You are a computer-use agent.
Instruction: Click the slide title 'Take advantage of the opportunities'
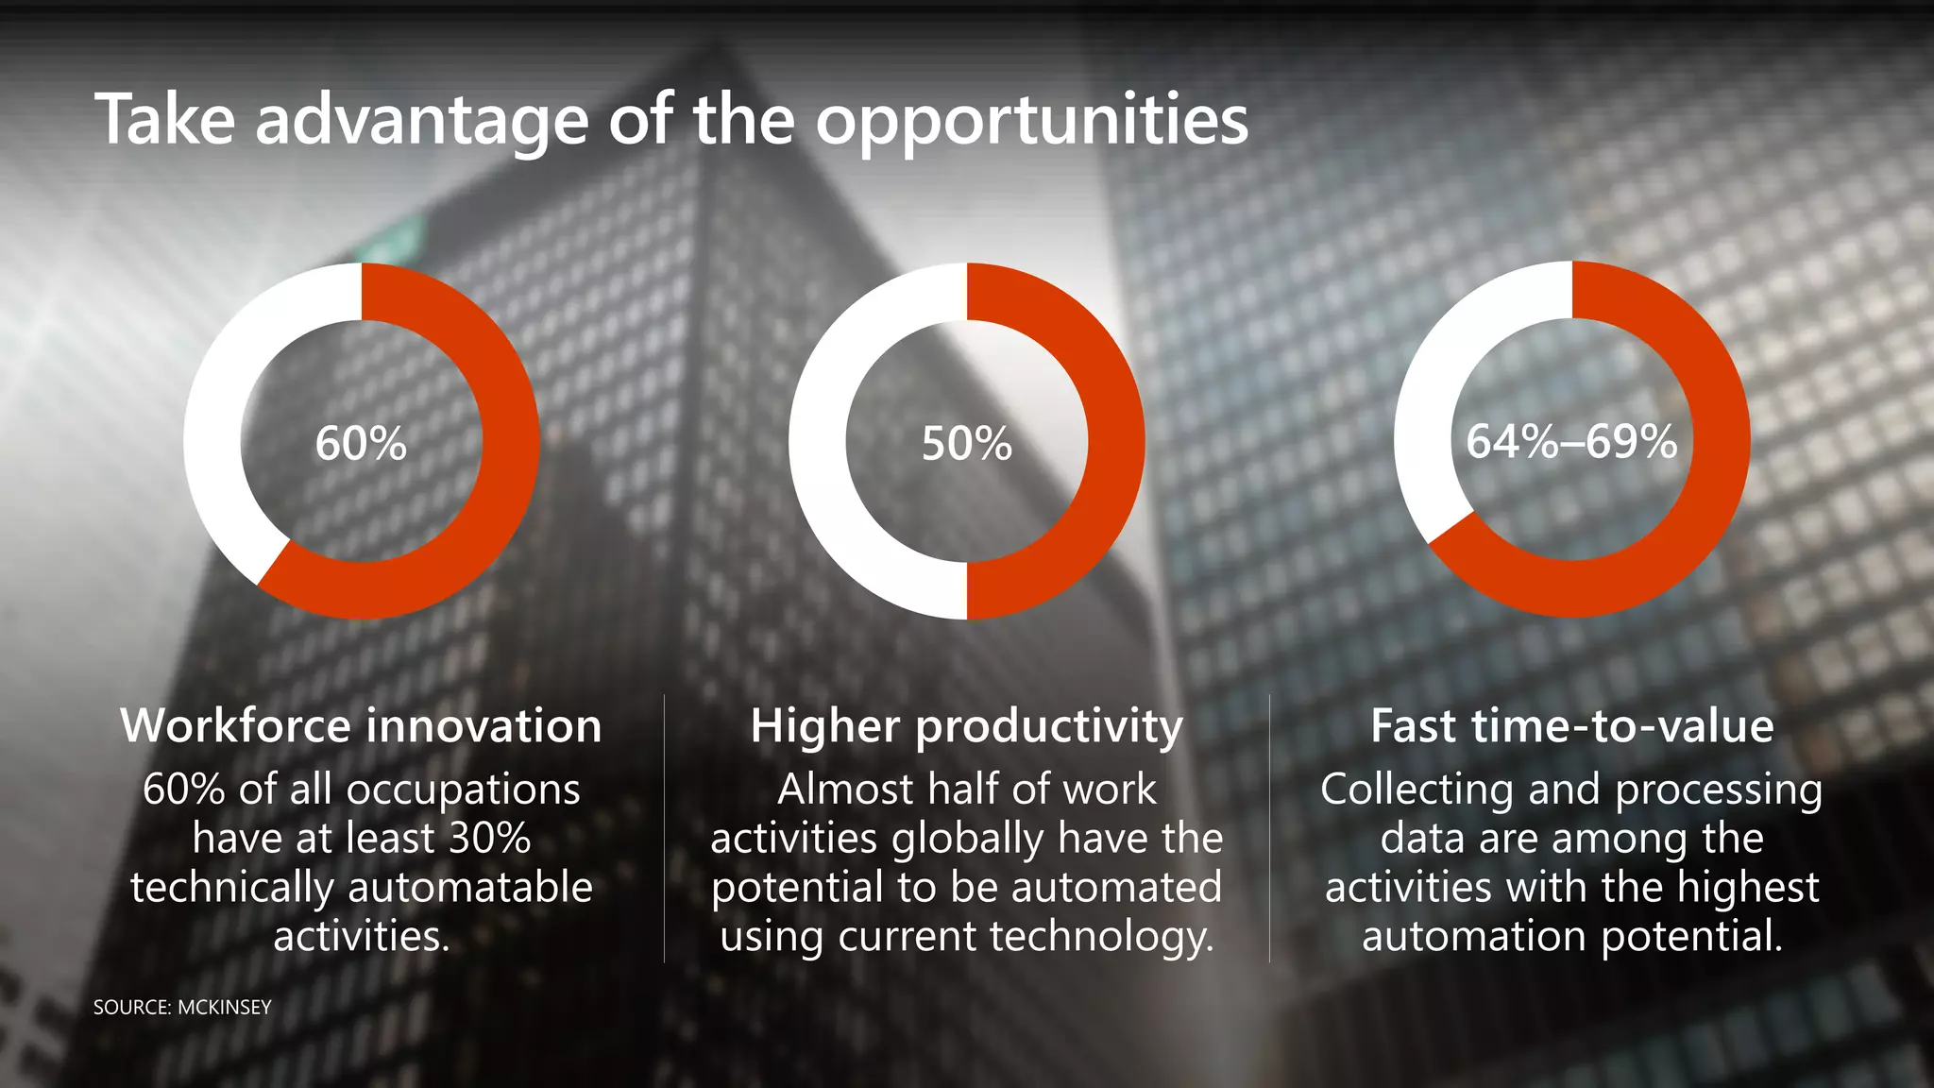pos(670,121)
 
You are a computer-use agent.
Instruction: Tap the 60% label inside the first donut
pos(361,443)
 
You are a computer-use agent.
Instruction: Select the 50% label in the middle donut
pos(966,443)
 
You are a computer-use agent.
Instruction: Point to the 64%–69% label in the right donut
pos(1571,441)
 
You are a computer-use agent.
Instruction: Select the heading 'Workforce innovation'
pos(361,726)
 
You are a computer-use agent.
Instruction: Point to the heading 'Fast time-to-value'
pos(1571,726)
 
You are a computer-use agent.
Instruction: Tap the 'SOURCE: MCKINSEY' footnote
pos(182,1008)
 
